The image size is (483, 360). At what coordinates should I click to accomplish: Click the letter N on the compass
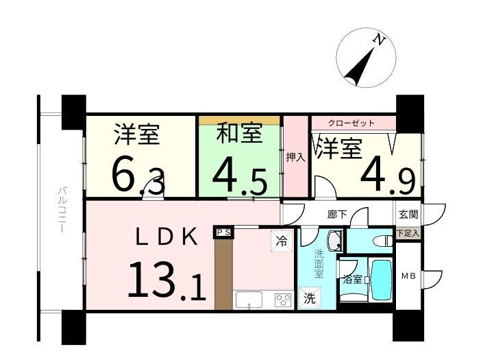click(380, 40)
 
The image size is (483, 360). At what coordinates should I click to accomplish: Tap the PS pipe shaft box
click(223, 232)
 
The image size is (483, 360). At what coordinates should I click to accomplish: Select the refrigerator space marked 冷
click(281, 241)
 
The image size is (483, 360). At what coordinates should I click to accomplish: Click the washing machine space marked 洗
click(309, 298)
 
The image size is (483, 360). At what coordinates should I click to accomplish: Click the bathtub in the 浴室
click(382, 280)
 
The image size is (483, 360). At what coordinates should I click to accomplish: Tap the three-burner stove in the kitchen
click(284, 300)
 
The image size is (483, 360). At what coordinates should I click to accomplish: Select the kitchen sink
click(249, 300)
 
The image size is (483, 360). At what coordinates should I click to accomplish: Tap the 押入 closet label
click(296, 157)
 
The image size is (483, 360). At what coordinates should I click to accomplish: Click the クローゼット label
click(351, 123)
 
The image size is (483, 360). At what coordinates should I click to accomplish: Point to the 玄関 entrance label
click(408, 214)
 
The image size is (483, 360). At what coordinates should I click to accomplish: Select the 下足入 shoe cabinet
click(408, 233)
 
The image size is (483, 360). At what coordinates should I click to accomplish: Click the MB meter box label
click(408, 276)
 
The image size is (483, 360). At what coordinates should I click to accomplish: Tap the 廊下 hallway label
click(337, 214)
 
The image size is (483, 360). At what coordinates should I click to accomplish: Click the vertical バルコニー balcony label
click(63, 210)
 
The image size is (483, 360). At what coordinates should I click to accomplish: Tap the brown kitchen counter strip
click(223, 274)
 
